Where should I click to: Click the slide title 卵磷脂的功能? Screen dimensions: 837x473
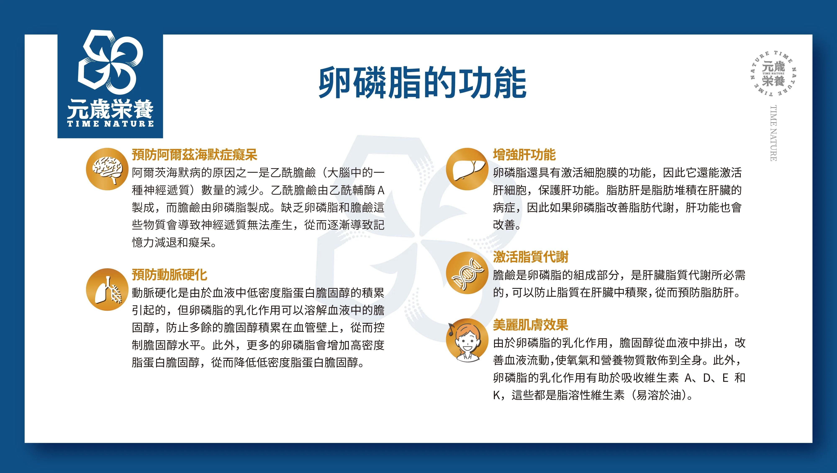point(422,83)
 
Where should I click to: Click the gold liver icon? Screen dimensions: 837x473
point(467,169)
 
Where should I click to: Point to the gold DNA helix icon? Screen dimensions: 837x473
point(467,273)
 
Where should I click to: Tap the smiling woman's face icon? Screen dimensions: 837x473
point(467,340)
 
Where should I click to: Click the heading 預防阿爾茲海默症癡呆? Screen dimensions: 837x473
point(194,155)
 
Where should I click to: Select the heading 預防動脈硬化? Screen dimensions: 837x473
point(169,275)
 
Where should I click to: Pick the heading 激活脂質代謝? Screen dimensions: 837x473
point(530,257)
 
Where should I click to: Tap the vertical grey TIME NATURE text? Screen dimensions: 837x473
point(773,133)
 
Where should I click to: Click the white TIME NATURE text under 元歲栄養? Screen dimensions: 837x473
point(110,124)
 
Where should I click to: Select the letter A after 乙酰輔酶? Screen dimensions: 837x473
point(381,190)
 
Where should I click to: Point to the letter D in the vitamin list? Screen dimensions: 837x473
point(707,378)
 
